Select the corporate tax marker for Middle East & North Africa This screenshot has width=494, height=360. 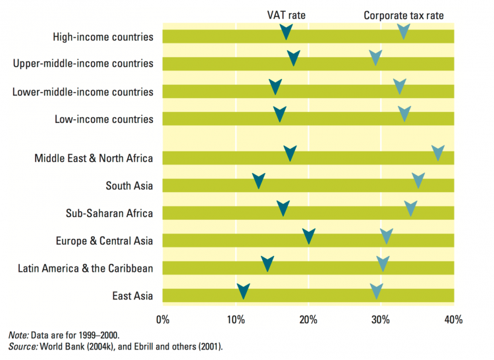point(438,154)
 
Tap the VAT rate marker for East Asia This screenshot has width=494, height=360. point(243,291)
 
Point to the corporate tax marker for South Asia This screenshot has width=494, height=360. point(418,180)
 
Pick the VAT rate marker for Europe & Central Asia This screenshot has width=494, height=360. point(309,236)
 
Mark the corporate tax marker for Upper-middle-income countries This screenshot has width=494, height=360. point(375,58)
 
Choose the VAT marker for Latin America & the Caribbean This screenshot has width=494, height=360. point(267,264)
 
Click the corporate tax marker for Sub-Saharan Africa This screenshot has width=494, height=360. point(411,209)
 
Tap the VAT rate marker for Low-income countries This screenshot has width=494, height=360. point(280,114)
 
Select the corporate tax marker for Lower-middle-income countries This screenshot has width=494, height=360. point(400,86)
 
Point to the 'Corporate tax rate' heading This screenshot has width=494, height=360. point(403,14)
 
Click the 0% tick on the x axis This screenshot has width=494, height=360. point(163,320)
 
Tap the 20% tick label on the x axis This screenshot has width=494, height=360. point(308,320)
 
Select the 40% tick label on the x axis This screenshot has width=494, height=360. point(453,320)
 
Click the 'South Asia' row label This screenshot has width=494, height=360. point(129,186)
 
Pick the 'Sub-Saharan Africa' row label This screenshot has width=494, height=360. point(109,213)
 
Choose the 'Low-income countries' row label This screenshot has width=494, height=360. point(104,119)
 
